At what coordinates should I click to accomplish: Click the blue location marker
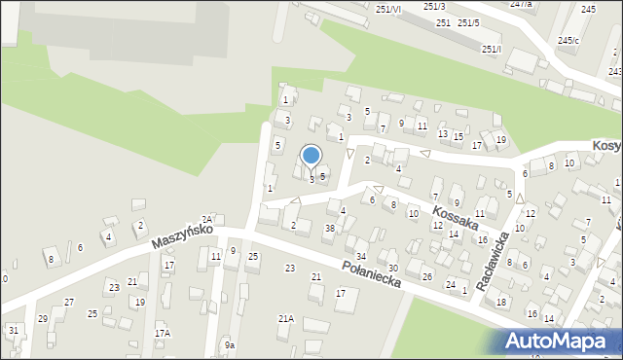click(x=311, y=156)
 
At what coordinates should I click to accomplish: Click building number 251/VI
click(x=387, y=9)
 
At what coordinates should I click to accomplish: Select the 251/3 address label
click(x=434, y=7)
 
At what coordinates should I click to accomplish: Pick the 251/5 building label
click(x=468, y=22)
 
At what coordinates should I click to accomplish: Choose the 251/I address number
click(x=492, y=49)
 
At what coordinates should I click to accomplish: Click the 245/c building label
click(x=568, y=40)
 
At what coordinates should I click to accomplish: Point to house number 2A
click(x=206, y=220)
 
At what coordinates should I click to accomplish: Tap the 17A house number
click(x=162, y=333)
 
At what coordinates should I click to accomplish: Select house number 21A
click(x=286, y=318)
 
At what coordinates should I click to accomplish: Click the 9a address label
click(x=230, y=344)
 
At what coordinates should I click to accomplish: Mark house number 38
click(x=330, y=229)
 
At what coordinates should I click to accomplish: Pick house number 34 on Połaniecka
click(x=360, y=256)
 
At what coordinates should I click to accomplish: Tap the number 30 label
click(x=392, y=268)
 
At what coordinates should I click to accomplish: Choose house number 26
click(x=427, y=277)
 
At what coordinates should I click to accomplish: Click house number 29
click(x=42, y=319)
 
